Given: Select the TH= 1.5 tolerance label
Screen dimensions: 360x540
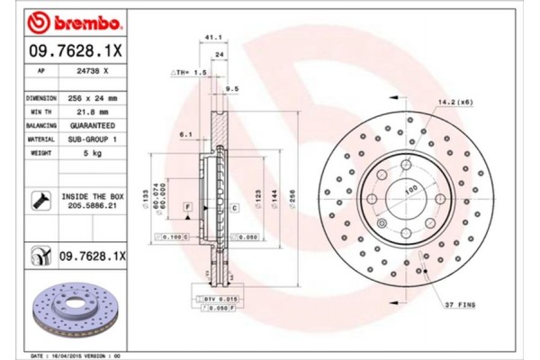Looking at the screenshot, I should coord(190,70).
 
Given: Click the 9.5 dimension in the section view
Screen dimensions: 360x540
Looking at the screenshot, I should coord(232,88).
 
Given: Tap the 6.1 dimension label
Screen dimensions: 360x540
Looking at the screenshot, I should coord(187,134).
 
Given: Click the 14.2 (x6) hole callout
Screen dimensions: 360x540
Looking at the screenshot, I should coord(453,103).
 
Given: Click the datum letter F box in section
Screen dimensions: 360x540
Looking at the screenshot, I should coord(188,207).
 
